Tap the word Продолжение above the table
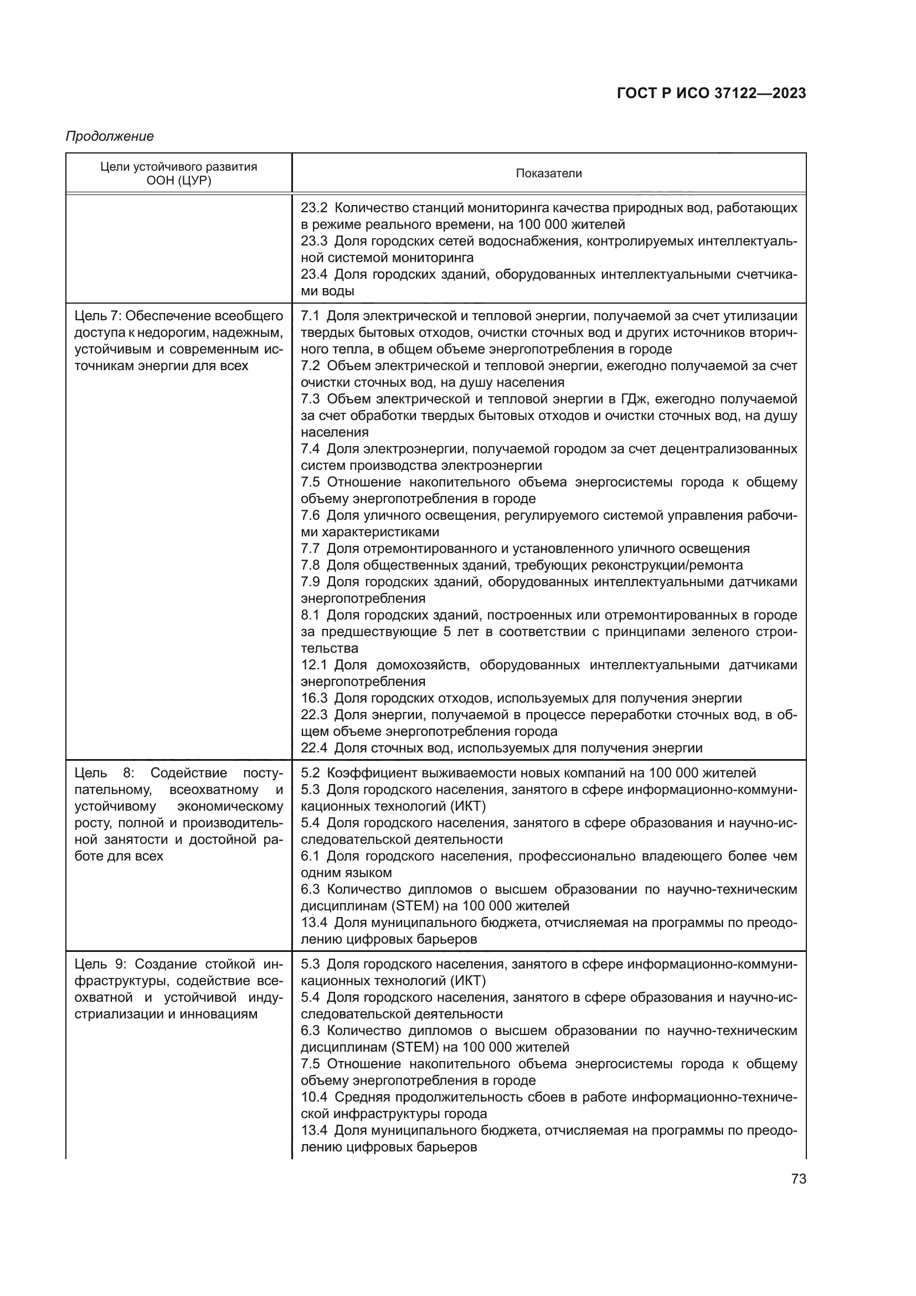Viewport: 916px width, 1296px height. (x=110, y=137)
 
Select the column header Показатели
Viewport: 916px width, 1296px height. (x=548, y=174)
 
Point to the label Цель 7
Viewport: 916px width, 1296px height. (x=95, y=315)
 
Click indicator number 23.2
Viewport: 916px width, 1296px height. (x=313, y=208)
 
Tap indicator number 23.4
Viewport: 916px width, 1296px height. (x=313, y=274)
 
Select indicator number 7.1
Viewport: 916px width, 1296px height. (x=310, y=315)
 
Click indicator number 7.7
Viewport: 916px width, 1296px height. (x=310, y=549)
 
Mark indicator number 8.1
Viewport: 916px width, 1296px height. (x=310, y=614)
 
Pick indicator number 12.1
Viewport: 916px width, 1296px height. (x=313, y=665)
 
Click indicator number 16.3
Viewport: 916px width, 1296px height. (x=313, y=698)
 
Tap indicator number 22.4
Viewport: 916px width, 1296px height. (x=313, y=749)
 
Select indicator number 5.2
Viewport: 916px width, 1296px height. (x=310, y=773)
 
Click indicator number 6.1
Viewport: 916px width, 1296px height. (x=310, y=856)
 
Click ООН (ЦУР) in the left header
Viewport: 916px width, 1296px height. (x=178, y=181)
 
